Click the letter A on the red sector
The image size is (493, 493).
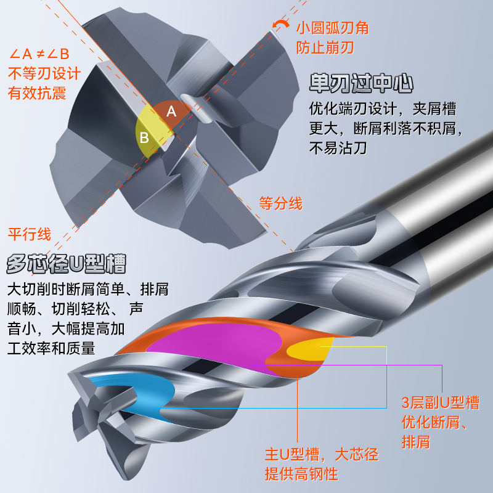tap(172, 112)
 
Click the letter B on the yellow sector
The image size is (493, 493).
tap(144, 137)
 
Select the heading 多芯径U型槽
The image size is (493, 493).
tap(67, 264)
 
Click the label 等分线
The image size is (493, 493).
tap(280, 204)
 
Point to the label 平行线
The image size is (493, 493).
tap(29, 235)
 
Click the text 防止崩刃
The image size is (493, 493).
tap(325, 47)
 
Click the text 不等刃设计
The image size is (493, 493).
tap(44, 74)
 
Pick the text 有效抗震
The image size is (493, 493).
tap(36, 93)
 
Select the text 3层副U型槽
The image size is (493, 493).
tap(440, 404)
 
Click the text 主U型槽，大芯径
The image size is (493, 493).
tap(321, 455)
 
